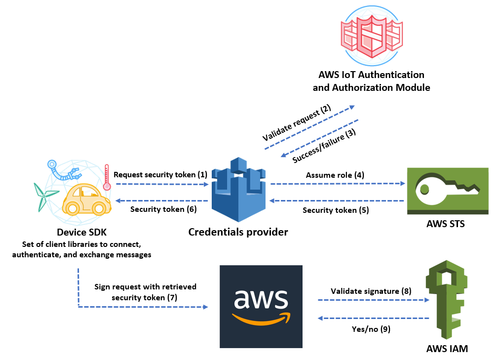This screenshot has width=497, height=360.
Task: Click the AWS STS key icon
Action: coord(447,191)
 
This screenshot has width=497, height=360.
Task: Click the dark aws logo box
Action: coord(261,307)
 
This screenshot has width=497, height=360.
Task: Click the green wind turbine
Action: coord(43,196)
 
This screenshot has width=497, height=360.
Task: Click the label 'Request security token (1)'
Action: coord(160,175)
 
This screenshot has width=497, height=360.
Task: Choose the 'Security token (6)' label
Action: coord(163,209)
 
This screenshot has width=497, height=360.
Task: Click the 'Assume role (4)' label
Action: coord(335,175)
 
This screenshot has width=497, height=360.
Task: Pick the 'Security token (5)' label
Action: coord(336,210)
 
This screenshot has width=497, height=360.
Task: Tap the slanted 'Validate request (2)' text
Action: coord(296,123)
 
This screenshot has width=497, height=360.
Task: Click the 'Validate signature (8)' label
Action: coord(371,291)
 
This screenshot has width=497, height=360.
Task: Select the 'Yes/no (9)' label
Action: coord(371,329)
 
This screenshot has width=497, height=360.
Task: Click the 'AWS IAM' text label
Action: coord(447,349)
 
